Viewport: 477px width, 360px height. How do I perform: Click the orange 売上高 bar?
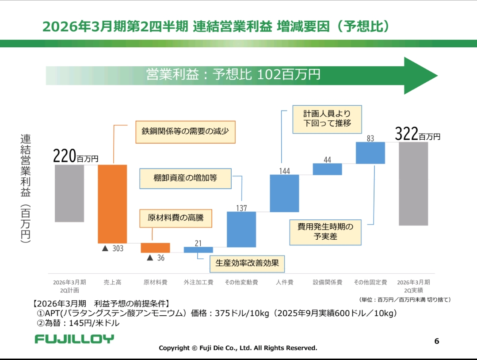pos(112,204)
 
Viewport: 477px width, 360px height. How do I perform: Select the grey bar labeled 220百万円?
pos(69,193)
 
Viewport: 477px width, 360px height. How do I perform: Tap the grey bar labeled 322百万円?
pos(413,184)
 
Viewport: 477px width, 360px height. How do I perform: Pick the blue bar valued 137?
pos(241,229)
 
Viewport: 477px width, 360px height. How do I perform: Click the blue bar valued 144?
pos(284,193)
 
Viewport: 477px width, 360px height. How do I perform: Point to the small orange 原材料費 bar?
pos(155,248)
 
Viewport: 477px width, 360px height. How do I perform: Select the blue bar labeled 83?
pos(370,153)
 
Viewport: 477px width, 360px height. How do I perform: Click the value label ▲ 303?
pos(113,249)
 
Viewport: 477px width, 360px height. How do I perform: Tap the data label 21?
pos(198,243)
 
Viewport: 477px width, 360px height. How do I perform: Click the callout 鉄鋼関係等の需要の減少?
pos(185,131)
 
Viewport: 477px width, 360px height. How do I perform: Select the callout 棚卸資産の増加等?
pos(185,178)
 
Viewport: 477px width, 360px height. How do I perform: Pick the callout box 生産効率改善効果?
pos(247,263)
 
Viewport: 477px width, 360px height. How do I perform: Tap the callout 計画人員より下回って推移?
pos(327,119)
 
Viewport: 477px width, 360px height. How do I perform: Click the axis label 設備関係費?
pos(327,282)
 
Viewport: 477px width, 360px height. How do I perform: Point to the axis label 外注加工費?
pos(198,282)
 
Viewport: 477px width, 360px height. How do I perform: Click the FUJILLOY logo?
pos(74,339)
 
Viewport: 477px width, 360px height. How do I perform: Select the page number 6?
pos(437,341)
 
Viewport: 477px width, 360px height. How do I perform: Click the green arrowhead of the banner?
pos(420,76)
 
